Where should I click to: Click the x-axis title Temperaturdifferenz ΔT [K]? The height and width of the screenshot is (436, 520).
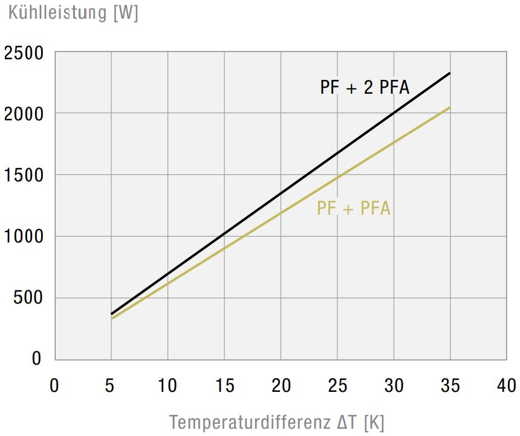tap(277, 421)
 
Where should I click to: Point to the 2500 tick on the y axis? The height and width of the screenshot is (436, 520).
tap(24, 53)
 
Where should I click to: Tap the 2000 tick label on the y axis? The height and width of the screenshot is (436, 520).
tap(24, 114)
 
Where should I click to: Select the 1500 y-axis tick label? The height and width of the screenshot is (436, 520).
tap(24, 175)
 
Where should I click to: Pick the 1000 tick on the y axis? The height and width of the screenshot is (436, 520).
tap(24, 236)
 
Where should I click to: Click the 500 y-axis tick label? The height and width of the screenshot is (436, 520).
tap(28, 298)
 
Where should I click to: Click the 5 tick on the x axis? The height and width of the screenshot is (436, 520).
tap(111, 385)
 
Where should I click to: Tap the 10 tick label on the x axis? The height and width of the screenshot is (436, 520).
tap(167, 385)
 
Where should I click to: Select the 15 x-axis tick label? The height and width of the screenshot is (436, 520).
tap(224, 385)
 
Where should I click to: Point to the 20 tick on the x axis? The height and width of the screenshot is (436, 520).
tap(281, 385)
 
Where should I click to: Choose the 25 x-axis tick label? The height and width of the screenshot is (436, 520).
tap(337, 385)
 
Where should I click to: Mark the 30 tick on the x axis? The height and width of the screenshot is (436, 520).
tap(394, 385)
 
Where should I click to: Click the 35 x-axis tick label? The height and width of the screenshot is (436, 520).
tap(450, 385)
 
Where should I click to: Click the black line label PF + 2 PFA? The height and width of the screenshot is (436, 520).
tap(365, 88)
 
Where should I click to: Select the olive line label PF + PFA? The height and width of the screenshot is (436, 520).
tap(354, 209)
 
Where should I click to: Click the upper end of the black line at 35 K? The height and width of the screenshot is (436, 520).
tap(450, 73)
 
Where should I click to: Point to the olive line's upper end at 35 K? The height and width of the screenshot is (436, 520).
tap(450, 108)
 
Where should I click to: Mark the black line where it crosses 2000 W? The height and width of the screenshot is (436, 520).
tap(395, 113)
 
